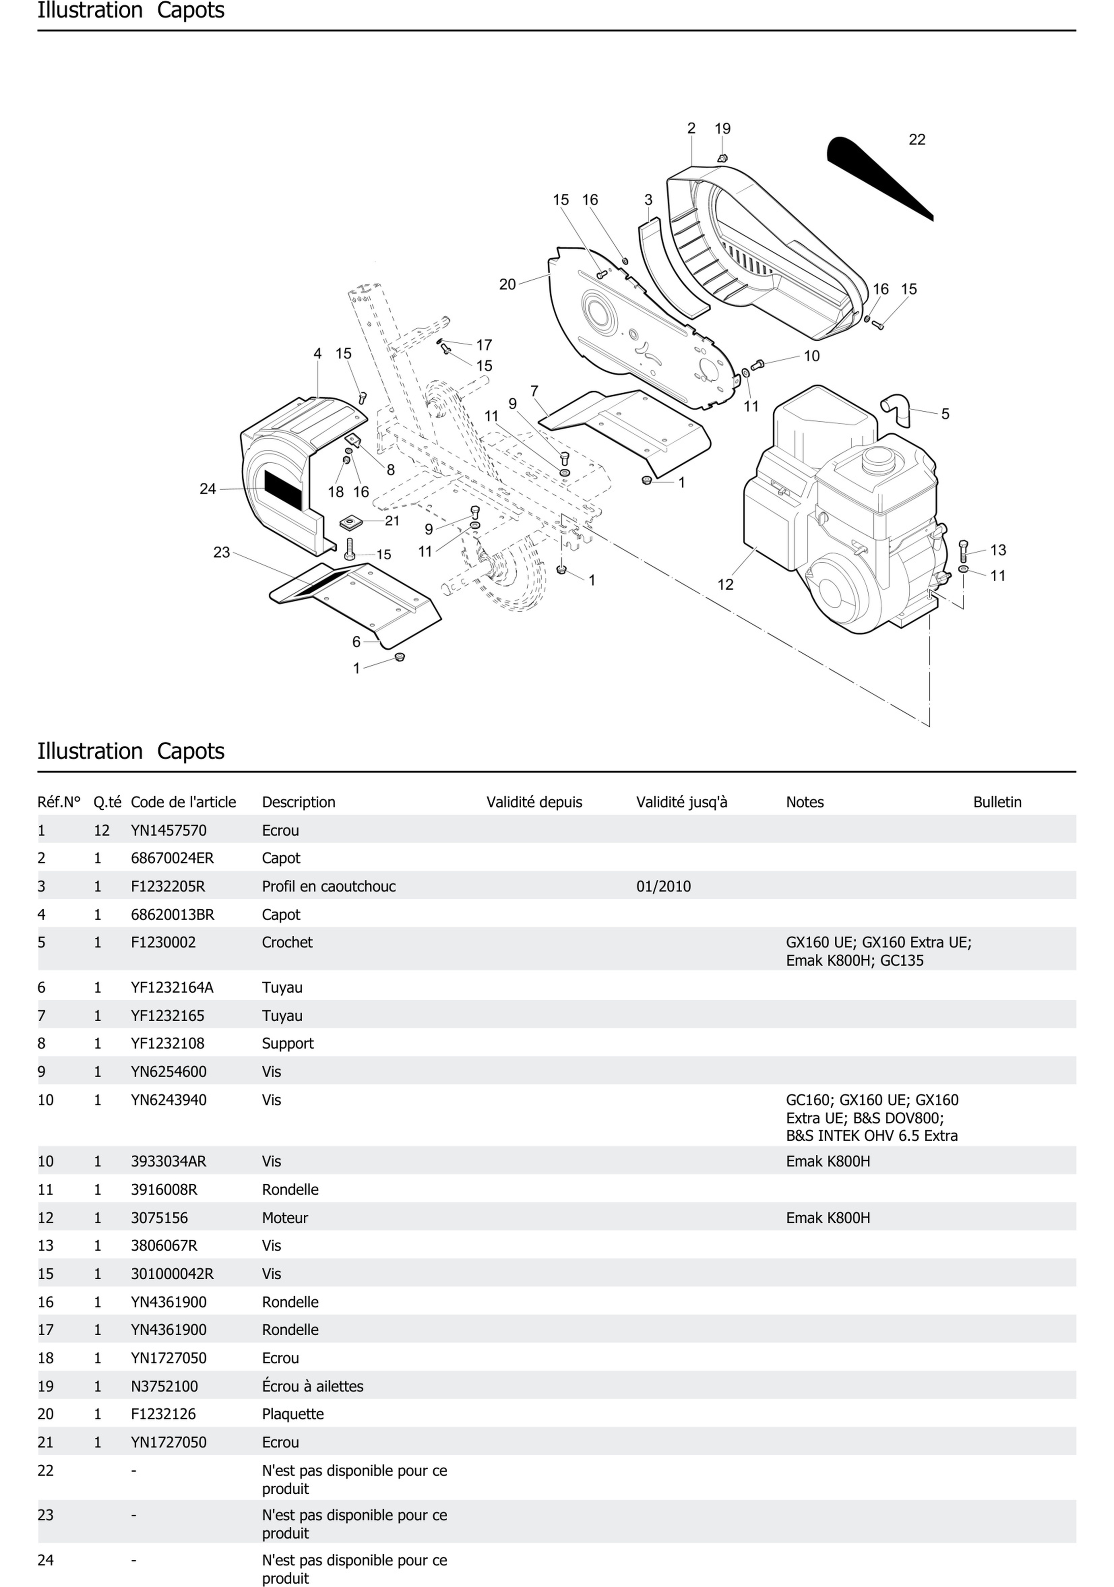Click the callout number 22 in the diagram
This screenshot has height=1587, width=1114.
(x=916, y=139)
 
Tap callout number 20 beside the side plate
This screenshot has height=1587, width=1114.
(x=507, y=284)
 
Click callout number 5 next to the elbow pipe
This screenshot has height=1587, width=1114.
(x=945, y=414)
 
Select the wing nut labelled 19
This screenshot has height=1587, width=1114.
(x=722, y=158)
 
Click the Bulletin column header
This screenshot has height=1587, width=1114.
(x=996, y=803)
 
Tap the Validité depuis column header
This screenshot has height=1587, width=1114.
(x=533, y=803)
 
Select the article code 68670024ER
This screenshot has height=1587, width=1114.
(x=172, y=859)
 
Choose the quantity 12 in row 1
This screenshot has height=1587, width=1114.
(x=101, y=831)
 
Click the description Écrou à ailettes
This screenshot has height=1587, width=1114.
(x=312, y=1387)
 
